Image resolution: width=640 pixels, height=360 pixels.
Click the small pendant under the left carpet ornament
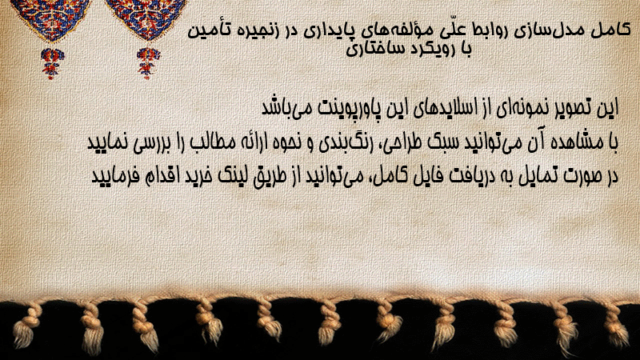coord(52,63)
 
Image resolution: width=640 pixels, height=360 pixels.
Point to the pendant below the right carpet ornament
coord(148,63)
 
